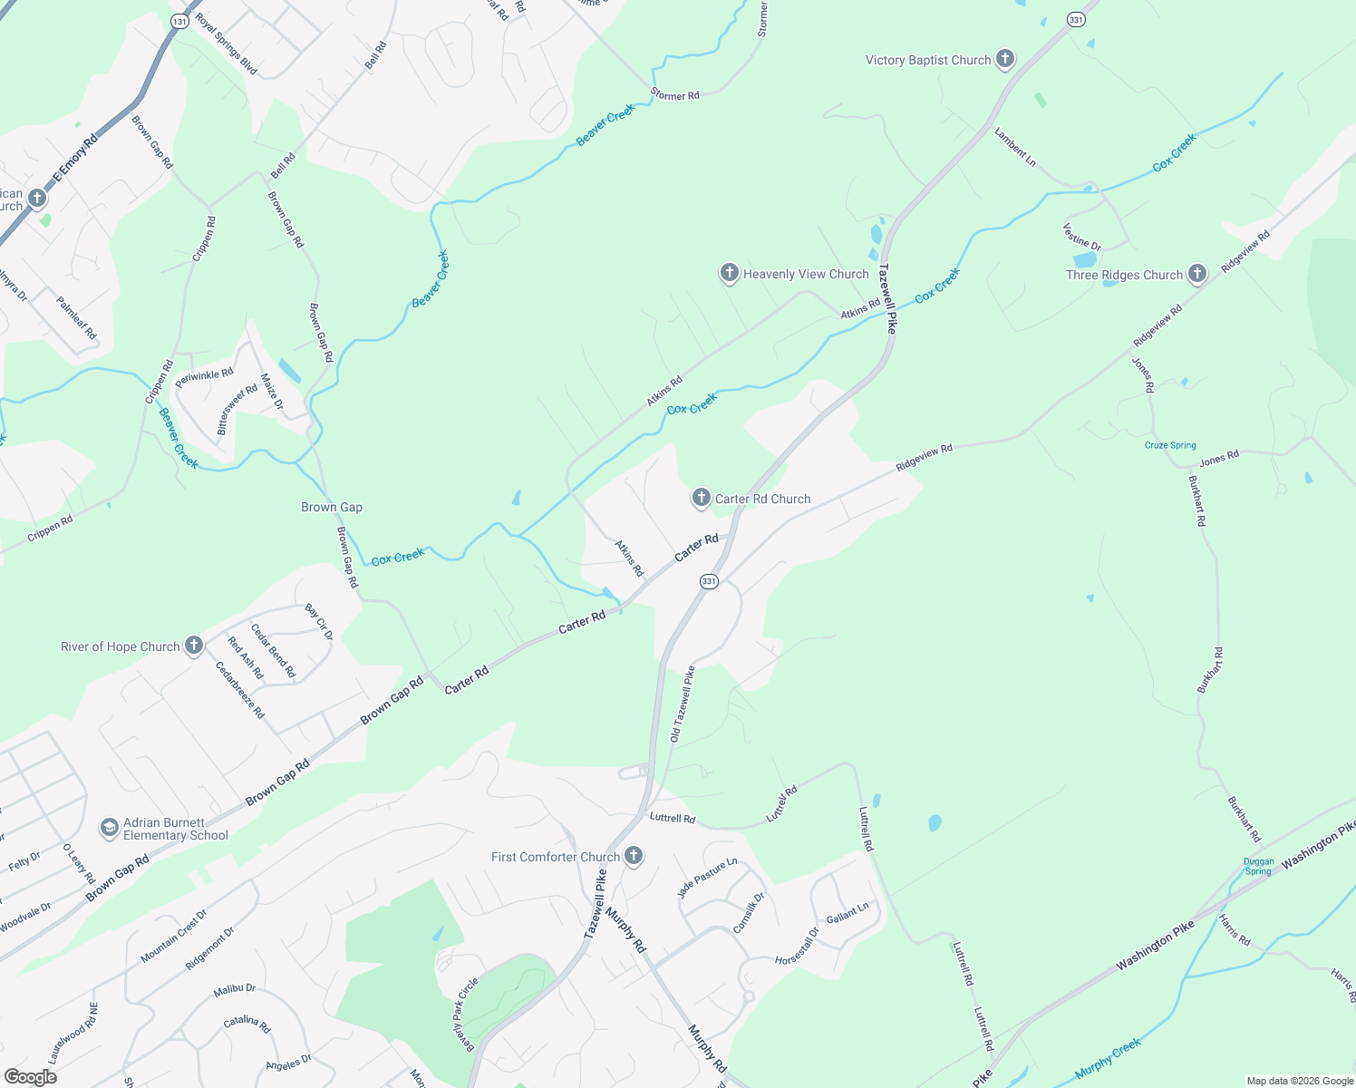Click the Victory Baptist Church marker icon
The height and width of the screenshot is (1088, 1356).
[x=1004, y=60]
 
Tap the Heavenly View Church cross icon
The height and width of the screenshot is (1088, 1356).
[x=729, y=273]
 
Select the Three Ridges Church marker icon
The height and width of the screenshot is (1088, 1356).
[x=1197, y=274]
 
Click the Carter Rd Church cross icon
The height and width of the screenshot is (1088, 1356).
[x=701, y=498]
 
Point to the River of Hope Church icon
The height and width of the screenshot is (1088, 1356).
[x=193, y=646]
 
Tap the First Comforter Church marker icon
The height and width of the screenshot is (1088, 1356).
[x=634, y=856]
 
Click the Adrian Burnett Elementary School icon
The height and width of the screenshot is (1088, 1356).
[x=109, y=828]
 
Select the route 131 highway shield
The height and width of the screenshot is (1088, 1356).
[x=179, y=20]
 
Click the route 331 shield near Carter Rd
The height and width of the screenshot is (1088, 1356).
[x=709, y=581]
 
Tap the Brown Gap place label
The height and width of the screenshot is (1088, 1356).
[x=332, y=507]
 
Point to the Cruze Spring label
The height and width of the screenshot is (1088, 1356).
[x=1170, y=445]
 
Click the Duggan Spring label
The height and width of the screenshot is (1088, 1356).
[x=1258, y=867]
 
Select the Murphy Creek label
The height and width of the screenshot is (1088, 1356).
[x=1108, y=1059]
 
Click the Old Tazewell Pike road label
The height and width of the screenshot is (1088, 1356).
[x=682, y=704]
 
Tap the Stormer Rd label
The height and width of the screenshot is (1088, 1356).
[x=674, y=94]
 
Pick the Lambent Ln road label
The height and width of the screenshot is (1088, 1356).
[x=1015, y=146]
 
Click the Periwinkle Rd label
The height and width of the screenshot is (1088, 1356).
[x=204, y=378]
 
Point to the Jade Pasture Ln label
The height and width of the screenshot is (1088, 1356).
[x=707, y=878]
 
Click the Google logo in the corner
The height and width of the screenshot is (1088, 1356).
[x=30, y=1077]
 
